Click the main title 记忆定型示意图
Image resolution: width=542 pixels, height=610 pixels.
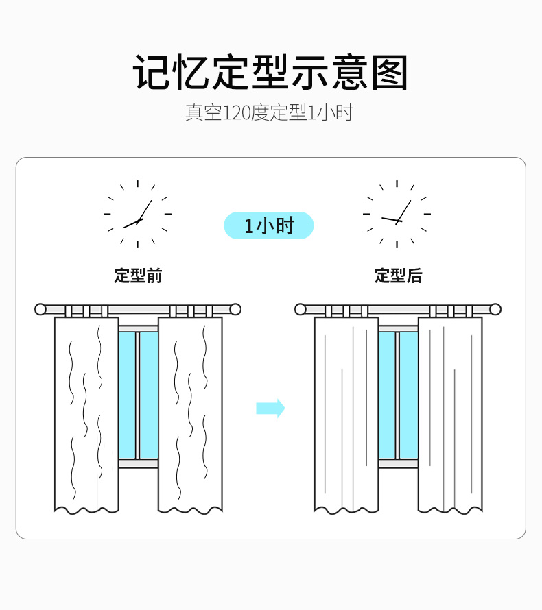tap(270, 73)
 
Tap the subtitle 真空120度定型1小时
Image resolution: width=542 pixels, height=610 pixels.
tap(269, 112)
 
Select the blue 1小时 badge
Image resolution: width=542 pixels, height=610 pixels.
tap(269, 225)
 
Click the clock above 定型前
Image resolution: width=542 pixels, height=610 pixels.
tap(137, 214)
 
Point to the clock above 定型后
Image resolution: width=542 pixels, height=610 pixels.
tap(397, 214)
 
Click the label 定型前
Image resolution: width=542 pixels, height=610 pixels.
tap(138, 276)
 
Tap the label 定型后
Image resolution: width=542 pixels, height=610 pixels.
tap(399, 276)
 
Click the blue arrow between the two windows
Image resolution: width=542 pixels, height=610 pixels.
tap(270, 408)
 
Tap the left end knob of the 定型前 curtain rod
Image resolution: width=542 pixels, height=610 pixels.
tap(40, 309)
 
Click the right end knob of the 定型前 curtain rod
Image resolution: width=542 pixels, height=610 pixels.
tap(235, 309)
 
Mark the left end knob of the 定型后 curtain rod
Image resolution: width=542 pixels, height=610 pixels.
tap(301, 309)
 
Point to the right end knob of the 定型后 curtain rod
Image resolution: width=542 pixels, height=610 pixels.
tap(495, 309)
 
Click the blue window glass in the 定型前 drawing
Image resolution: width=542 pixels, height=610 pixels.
tap(138, 395)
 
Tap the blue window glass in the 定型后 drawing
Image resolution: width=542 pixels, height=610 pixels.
tap(399, 395)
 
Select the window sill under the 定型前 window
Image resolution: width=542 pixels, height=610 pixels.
tap(138, 463)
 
